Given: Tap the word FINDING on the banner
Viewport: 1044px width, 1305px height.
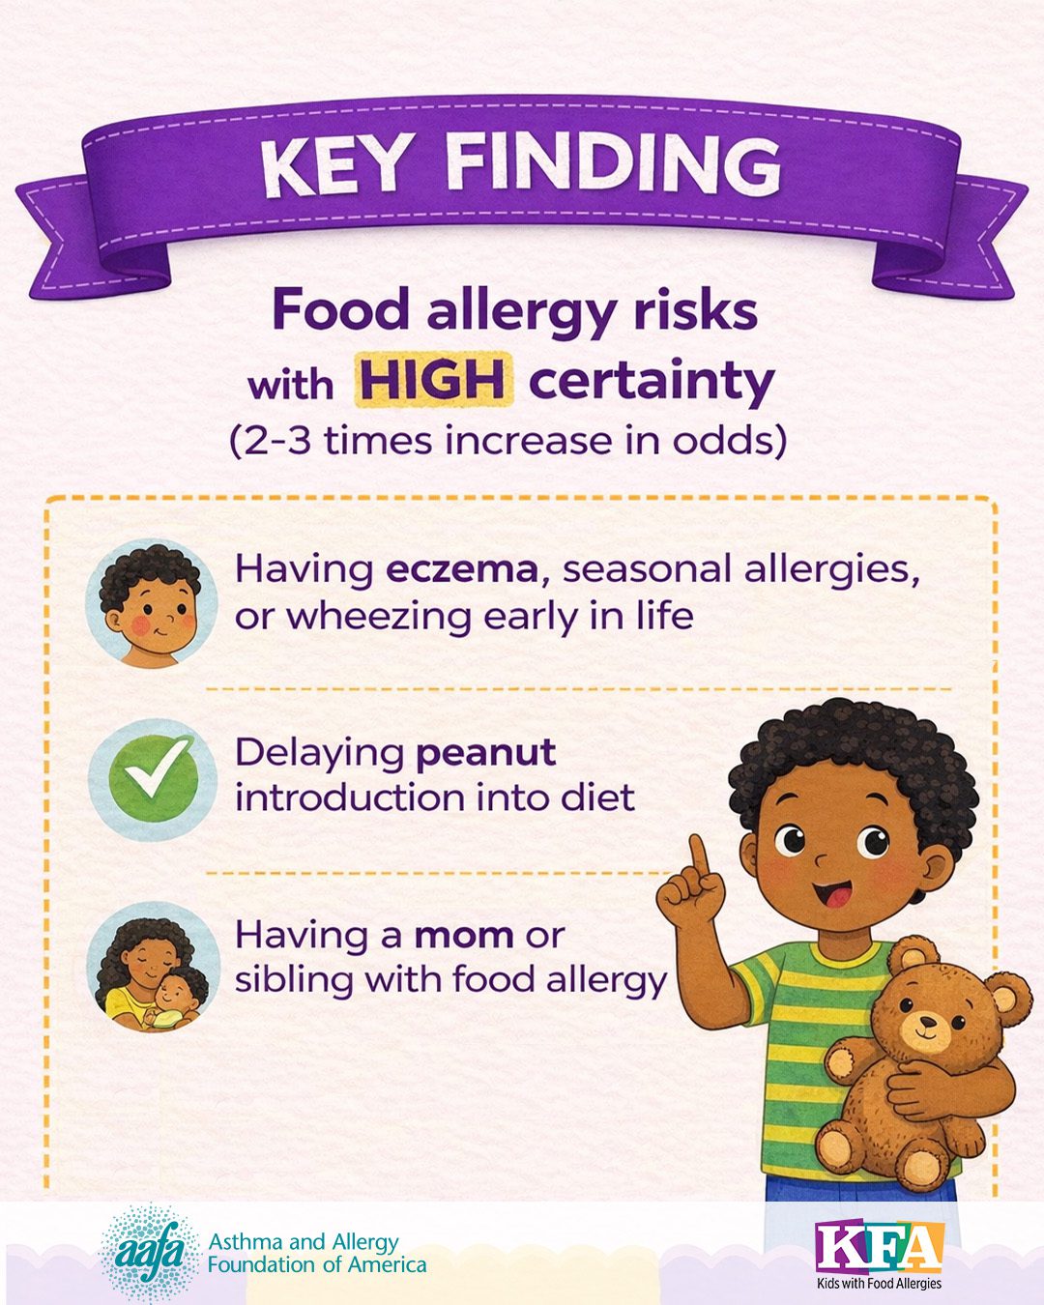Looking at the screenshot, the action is (613, 162).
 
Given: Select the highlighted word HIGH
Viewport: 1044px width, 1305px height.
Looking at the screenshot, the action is (434, 382).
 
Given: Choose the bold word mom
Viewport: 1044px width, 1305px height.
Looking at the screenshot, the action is (464, 936).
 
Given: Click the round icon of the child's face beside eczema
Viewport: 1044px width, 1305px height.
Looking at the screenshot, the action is (151, 602).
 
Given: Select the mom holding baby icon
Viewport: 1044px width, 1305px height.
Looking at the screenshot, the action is (153, 968).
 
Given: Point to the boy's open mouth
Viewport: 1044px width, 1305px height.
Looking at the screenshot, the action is (832, 896).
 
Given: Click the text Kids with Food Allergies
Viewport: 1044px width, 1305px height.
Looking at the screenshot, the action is (880, 1283).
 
